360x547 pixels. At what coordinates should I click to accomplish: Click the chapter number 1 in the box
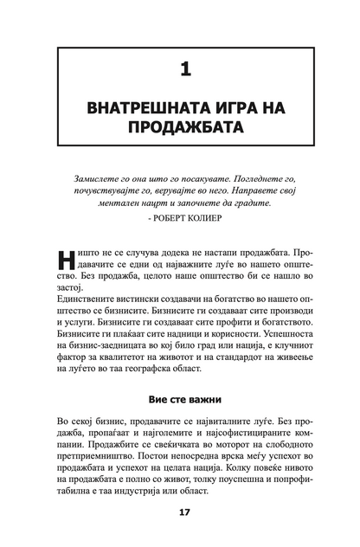(x=180, y=66)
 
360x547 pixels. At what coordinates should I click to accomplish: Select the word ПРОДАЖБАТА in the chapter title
(x=180, y=127)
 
